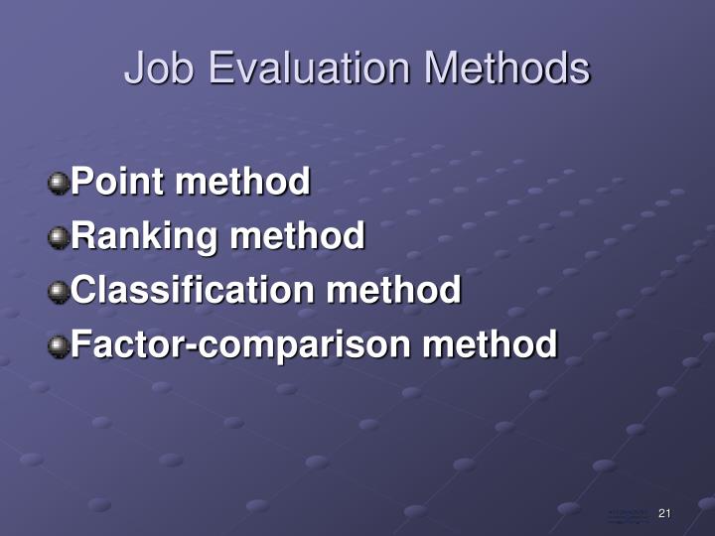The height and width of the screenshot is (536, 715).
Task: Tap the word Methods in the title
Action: coord(507,69)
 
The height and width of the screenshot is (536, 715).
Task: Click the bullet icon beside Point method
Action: coord(60,183)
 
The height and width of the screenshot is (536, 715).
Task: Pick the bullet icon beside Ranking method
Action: coord(60,237)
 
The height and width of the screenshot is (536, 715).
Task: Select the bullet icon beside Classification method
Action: coord(60,292)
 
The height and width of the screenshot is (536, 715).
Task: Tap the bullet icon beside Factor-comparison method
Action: coord(60,345)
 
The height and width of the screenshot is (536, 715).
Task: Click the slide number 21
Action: coord(664,513)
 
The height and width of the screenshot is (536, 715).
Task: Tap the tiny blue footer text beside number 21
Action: coord(628,515)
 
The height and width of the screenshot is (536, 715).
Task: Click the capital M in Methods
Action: coord(442,69)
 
